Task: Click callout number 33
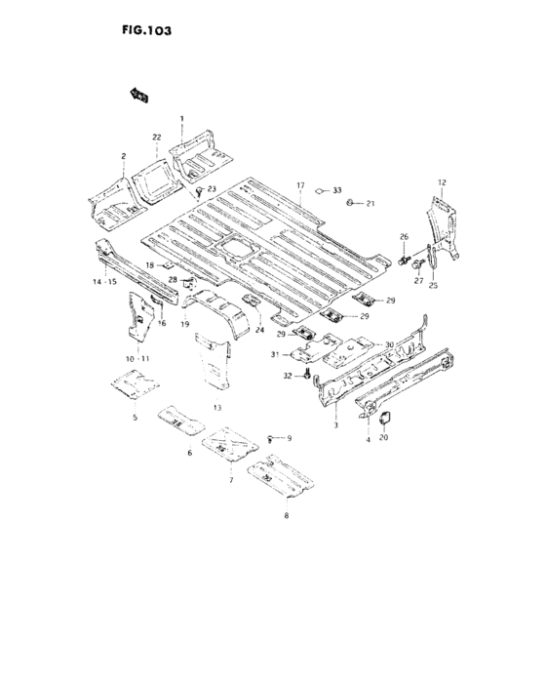(x=337, y=190)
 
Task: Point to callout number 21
(x=370, y=203)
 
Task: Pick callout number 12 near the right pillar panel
(x=441, y=183)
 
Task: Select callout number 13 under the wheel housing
(x=216, y=406)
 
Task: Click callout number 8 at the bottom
(x=286, y=514)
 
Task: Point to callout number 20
(x=383, y=438)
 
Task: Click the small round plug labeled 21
(x=349, y=202)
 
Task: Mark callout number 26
(x=403, y=237)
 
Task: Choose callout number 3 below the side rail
(x=335, y=425)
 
